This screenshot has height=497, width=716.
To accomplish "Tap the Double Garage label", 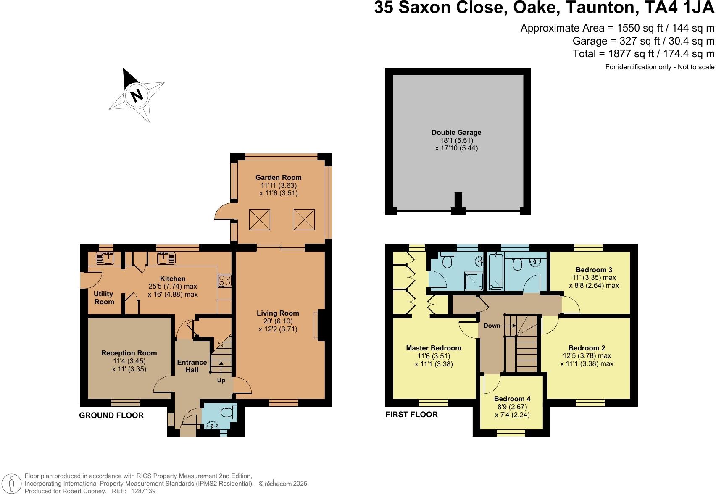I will click(456, 132).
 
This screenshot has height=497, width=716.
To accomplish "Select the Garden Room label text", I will click(278, 177).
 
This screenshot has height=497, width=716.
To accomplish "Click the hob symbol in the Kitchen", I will click(225, 280).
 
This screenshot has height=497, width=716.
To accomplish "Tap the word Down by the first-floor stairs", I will click(492, 326).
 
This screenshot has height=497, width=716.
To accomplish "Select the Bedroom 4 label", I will click(512, 399).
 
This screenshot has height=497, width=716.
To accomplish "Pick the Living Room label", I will click(278, 313).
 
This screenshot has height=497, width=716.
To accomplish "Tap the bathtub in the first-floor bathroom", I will click(496, 272).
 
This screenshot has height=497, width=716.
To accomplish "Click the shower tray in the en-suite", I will click(474, 281).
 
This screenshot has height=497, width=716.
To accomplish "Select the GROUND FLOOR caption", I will click(111, 415).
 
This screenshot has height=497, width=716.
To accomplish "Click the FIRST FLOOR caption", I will click(411, 415).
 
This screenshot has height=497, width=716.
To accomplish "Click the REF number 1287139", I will click(143, 491).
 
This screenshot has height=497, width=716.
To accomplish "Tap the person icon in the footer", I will click(13, 484).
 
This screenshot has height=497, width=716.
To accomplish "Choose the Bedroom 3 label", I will click(594, 270).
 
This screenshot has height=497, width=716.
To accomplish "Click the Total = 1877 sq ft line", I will click(643, 54).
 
